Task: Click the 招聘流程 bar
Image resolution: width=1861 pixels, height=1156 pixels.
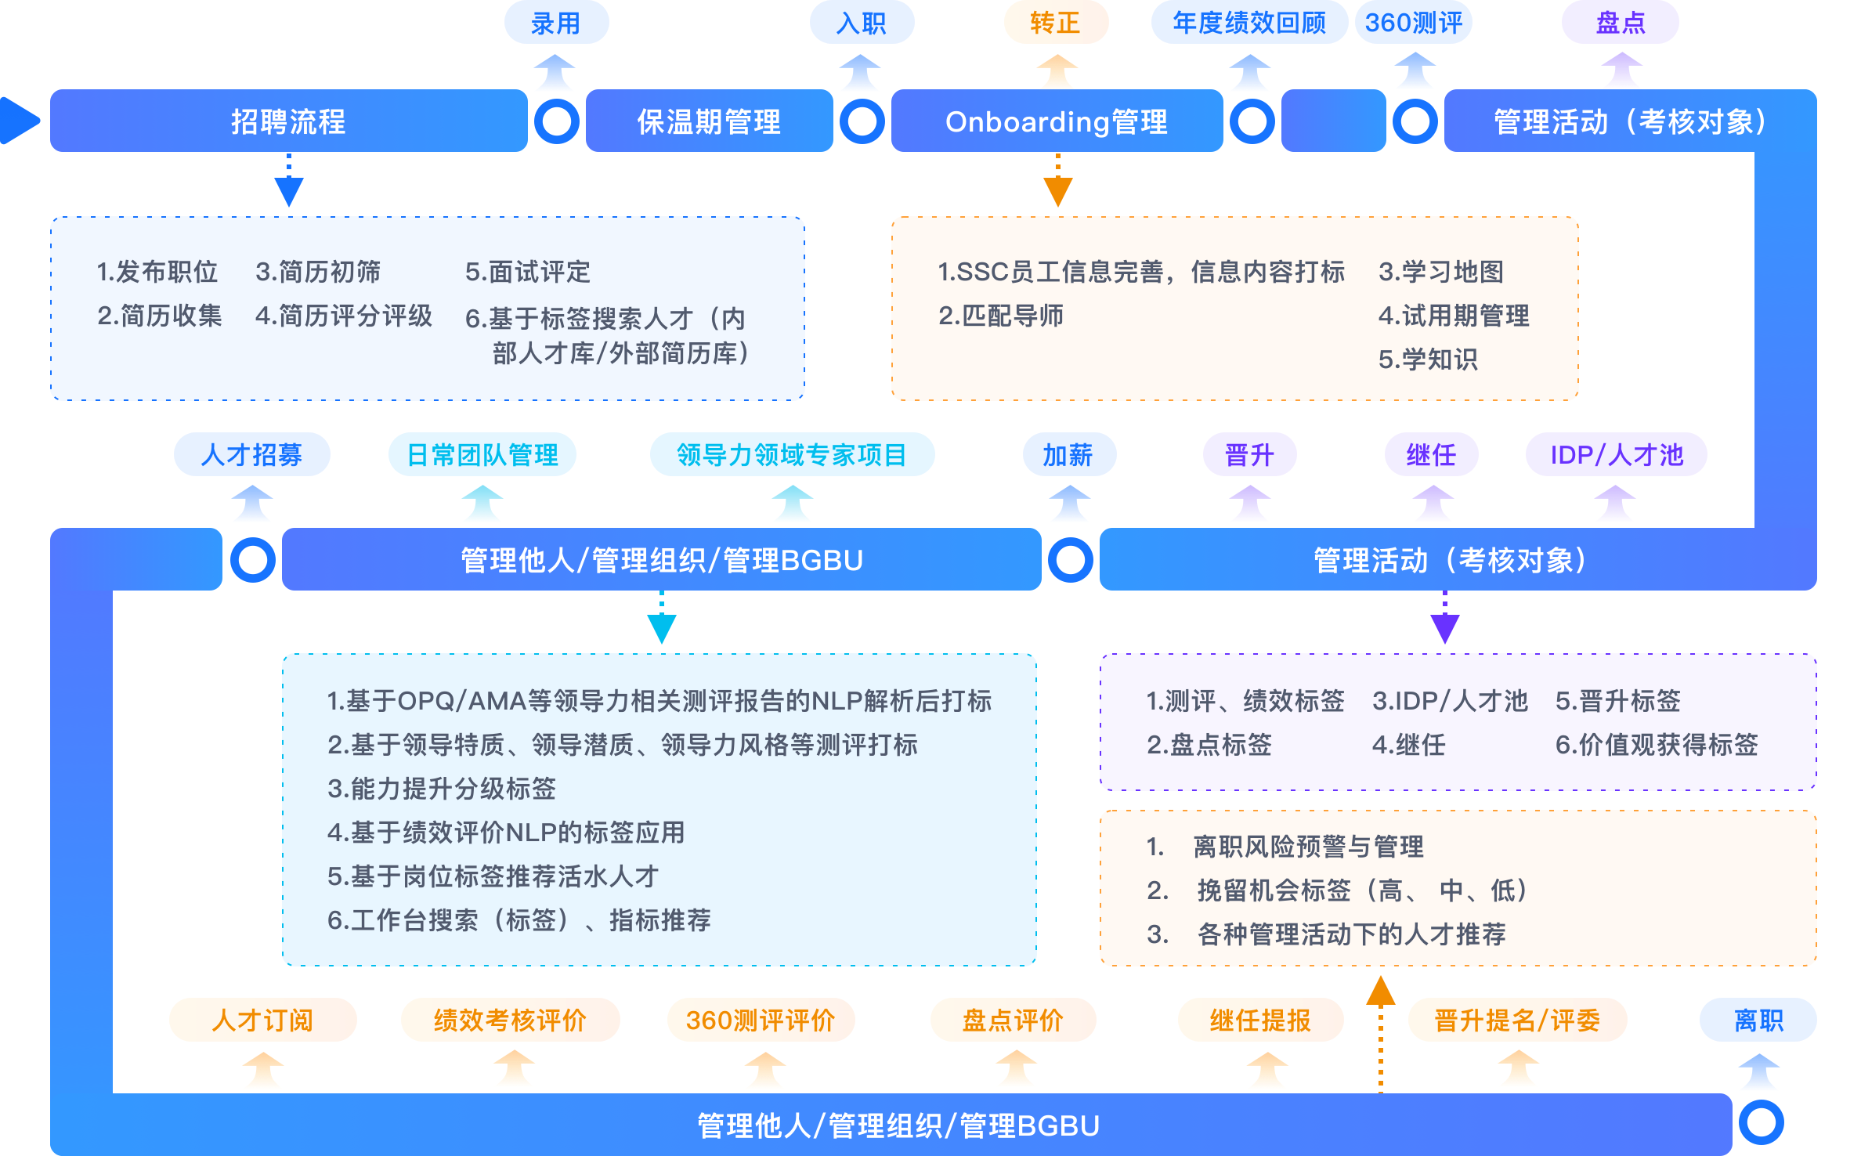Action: (288, 121)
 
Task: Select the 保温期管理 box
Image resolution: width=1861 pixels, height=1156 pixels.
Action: (709, 121)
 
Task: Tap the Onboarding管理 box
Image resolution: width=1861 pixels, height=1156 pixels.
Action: (1057, 121)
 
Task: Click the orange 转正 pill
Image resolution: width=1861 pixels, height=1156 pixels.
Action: (1056, 23)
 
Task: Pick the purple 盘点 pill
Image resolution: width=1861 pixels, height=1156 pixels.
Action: (1620, 23)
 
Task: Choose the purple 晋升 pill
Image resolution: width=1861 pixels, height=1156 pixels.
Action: (1249, 455)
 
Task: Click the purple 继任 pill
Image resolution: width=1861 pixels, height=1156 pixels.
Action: (1431, 455)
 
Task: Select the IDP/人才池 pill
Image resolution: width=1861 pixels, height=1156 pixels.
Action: (1616, 455)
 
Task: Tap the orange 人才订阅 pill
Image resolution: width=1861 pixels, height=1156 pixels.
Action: (262, 1020)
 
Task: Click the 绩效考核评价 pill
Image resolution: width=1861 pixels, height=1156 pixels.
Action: (510, 1020)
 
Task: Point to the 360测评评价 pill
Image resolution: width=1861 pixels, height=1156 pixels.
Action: (761, 1020)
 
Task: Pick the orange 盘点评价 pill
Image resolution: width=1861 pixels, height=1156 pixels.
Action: (1013, 1020)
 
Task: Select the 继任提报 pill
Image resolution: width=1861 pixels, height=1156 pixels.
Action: (1260, 1020)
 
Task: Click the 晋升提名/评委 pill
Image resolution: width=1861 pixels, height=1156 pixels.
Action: (1517, 1020)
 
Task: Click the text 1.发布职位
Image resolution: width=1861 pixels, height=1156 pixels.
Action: (157, 272)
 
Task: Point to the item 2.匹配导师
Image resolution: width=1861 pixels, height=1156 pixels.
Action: (1000, 316)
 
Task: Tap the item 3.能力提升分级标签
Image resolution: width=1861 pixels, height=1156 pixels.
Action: (442, 789)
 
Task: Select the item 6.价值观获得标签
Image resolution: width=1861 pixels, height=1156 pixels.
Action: (1657, 745)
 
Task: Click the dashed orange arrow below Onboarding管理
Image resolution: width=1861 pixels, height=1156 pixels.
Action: (1057, 182)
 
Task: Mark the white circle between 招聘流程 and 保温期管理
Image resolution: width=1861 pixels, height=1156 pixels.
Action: (557, 121)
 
